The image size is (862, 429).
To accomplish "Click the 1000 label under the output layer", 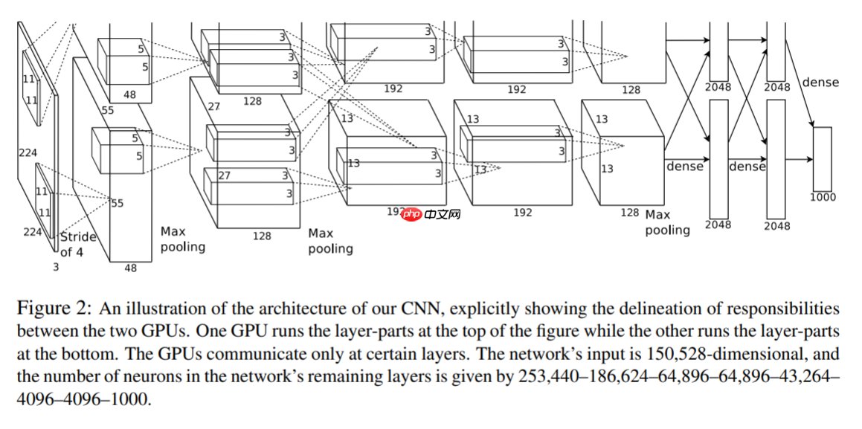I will click(x=823, y=197).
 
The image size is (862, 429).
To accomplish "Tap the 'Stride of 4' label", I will click(x=78, y=245).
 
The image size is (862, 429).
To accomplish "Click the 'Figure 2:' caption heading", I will click(x=55, y=309).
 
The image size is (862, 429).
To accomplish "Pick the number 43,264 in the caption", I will click(x=811, y=377).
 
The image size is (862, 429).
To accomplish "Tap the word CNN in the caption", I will click(x=424, y=309).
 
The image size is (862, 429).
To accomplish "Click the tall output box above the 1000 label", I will click(x=822, y=159).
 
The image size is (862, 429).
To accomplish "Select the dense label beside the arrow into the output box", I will click(x=820, y=83).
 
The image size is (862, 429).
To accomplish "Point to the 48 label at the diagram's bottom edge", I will click(x=130, y=268).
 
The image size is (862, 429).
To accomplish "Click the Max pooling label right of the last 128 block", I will click(x=667, y=222).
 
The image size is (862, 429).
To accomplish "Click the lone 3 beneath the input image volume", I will click(x=55, y=265).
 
